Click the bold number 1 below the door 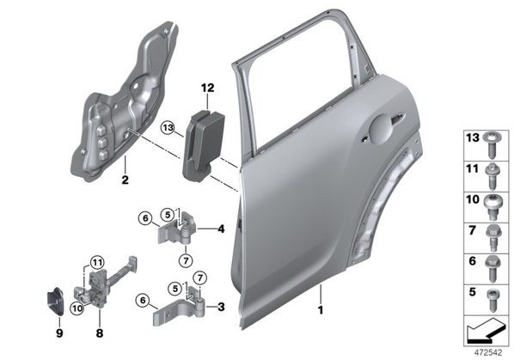321,310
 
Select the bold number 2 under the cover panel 125,180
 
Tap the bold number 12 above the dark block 207,88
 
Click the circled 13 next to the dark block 168,127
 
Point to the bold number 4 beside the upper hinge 221,229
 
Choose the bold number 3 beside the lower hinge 221,307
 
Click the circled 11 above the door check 97,262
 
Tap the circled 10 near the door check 77,308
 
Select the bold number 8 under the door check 100,333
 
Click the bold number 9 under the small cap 59,333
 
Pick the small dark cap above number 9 55,302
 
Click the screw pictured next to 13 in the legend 492,145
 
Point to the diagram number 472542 488,353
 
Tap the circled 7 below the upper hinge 186,260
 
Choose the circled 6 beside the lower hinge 143,300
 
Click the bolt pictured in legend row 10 492,206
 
